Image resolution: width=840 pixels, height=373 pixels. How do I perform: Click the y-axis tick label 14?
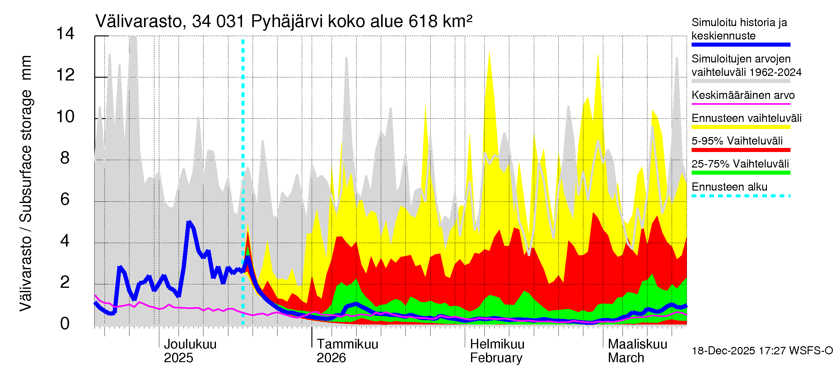pos(65,34)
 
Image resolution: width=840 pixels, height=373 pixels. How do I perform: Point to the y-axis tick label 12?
pos(65,75)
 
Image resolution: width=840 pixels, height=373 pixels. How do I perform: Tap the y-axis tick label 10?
pos(65,117)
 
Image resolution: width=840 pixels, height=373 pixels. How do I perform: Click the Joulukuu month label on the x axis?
pos(190,344)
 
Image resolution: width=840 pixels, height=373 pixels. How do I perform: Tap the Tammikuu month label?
pos(347,344)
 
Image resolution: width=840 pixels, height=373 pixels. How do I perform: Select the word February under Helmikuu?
pos(496,358)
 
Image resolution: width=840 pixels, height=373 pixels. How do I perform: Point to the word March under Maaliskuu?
pos(626,358)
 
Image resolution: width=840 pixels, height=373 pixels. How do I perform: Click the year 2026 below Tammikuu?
pos(331,358)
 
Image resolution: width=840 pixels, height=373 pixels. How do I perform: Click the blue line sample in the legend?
pos(740,45)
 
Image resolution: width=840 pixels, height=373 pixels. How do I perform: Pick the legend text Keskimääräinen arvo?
pos(743,95)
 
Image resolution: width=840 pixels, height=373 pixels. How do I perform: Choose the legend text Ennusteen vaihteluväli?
pos(746,118)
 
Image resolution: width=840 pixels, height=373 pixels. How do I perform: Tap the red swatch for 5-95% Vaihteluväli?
pos(740,150)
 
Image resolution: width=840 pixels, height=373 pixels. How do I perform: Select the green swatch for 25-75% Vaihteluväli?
pos(740,173)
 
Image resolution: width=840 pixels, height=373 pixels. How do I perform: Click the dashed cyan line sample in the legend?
pos(740,196)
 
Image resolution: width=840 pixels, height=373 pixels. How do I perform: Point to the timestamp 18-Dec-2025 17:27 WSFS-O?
pos(762,351)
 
